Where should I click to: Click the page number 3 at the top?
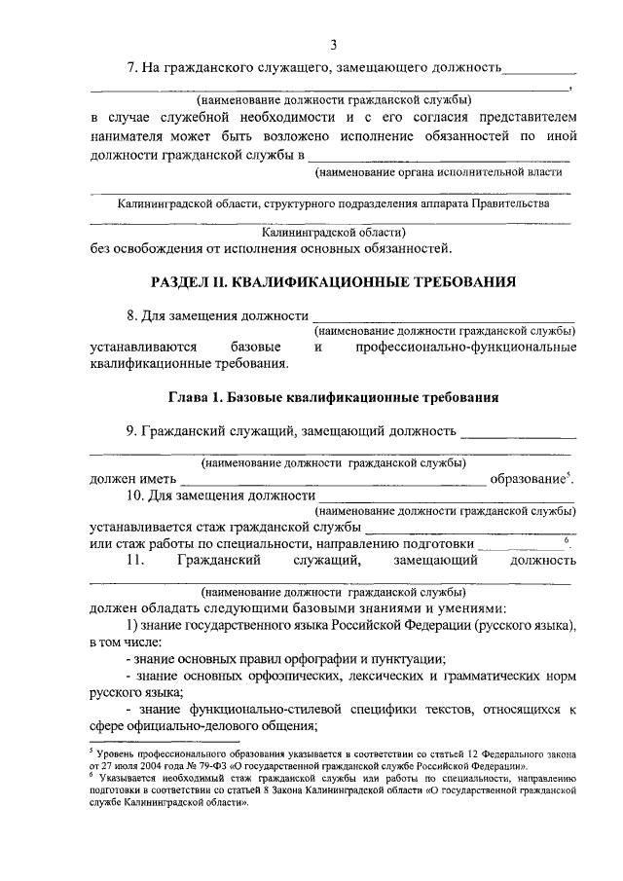(x=333, y=44)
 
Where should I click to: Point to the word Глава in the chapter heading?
(x=187, y=397)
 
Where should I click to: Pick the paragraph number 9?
(x=131, y=430)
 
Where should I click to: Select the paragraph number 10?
(x=135, y=497)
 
